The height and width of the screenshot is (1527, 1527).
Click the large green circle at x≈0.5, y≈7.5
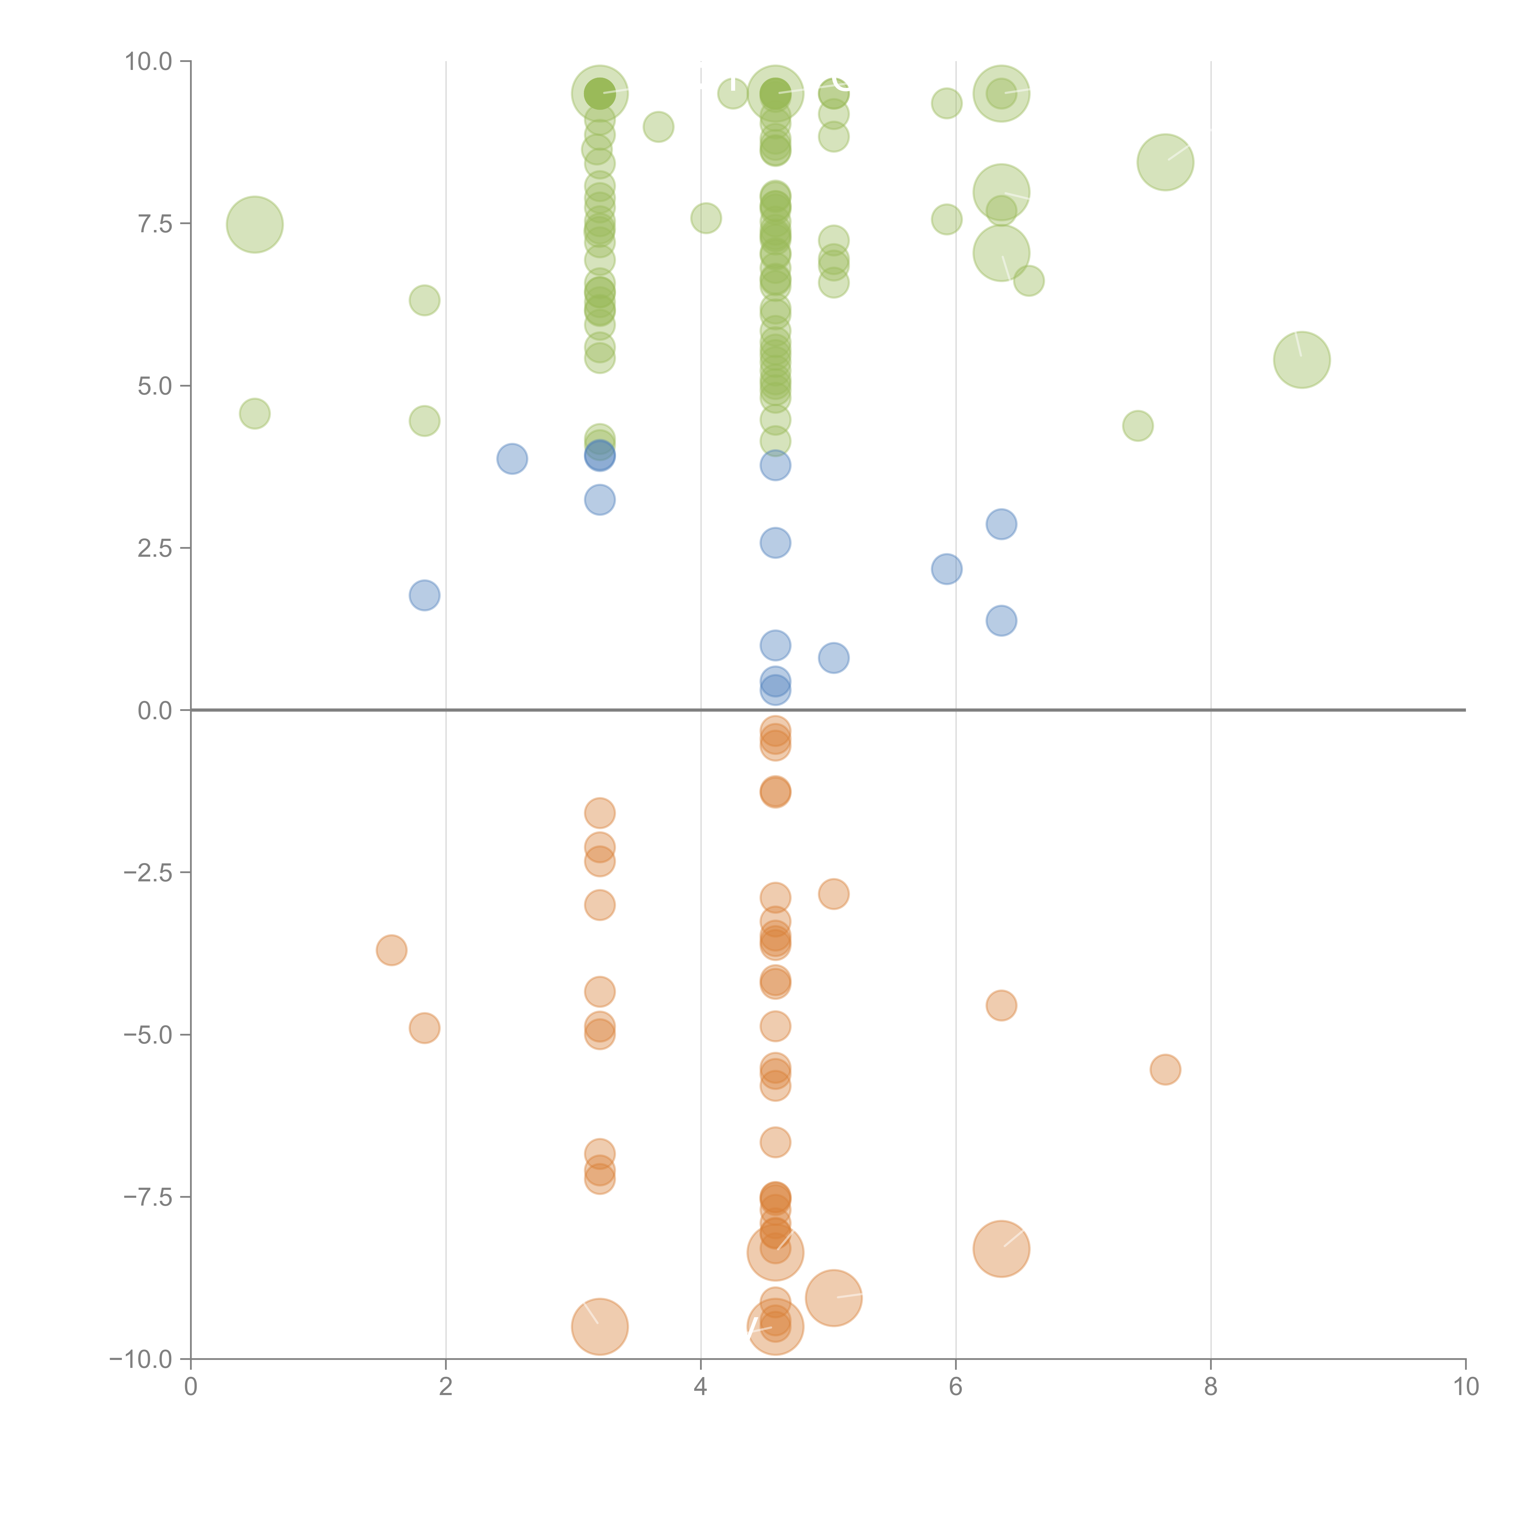(x=254, y=224)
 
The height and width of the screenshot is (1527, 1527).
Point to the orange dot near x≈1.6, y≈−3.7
(x=391, y=950)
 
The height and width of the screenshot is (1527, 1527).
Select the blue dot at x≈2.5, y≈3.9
(x=512, y=458)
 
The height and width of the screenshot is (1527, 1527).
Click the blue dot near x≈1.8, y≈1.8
(x=425, y=595)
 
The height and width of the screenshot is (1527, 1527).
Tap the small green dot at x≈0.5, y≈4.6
(x=254, y=414)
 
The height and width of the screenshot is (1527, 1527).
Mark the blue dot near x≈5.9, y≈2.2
(x=946, y=569)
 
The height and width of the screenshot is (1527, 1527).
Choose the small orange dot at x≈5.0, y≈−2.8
(x=833, y=894)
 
